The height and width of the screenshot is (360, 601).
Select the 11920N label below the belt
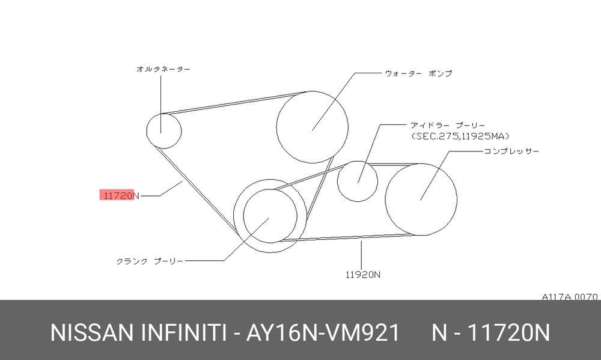tap(363, 275)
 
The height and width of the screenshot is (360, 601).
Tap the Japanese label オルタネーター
tap(163, 69)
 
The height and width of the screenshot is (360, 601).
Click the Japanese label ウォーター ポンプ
tap(418, 73)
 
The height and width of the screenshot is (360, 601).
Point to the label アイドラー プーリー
tap(448, 126)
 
